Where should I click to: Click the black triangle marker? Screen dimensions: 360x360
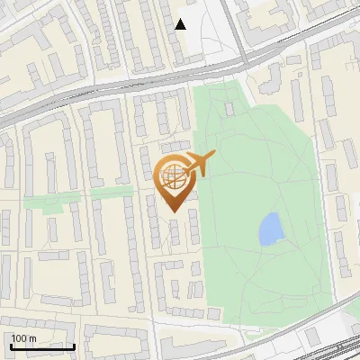point(181,24)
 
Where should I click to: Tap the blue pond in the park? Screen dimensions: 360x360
point(270,229)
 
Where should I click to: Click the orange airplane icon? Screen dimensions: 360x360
point(199,165)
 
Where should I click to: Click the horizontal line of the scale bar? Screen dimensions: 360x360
point(42,346)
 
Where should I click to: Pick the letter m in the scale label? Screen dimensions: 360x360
point(32,338)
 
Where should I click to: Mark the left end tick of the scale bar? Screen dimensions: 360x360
point(11,345)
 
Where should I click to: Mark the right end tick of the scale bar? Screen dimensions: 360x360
point(74,345)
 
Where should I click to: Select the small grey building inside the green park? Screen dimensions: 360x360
point(229,110)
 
